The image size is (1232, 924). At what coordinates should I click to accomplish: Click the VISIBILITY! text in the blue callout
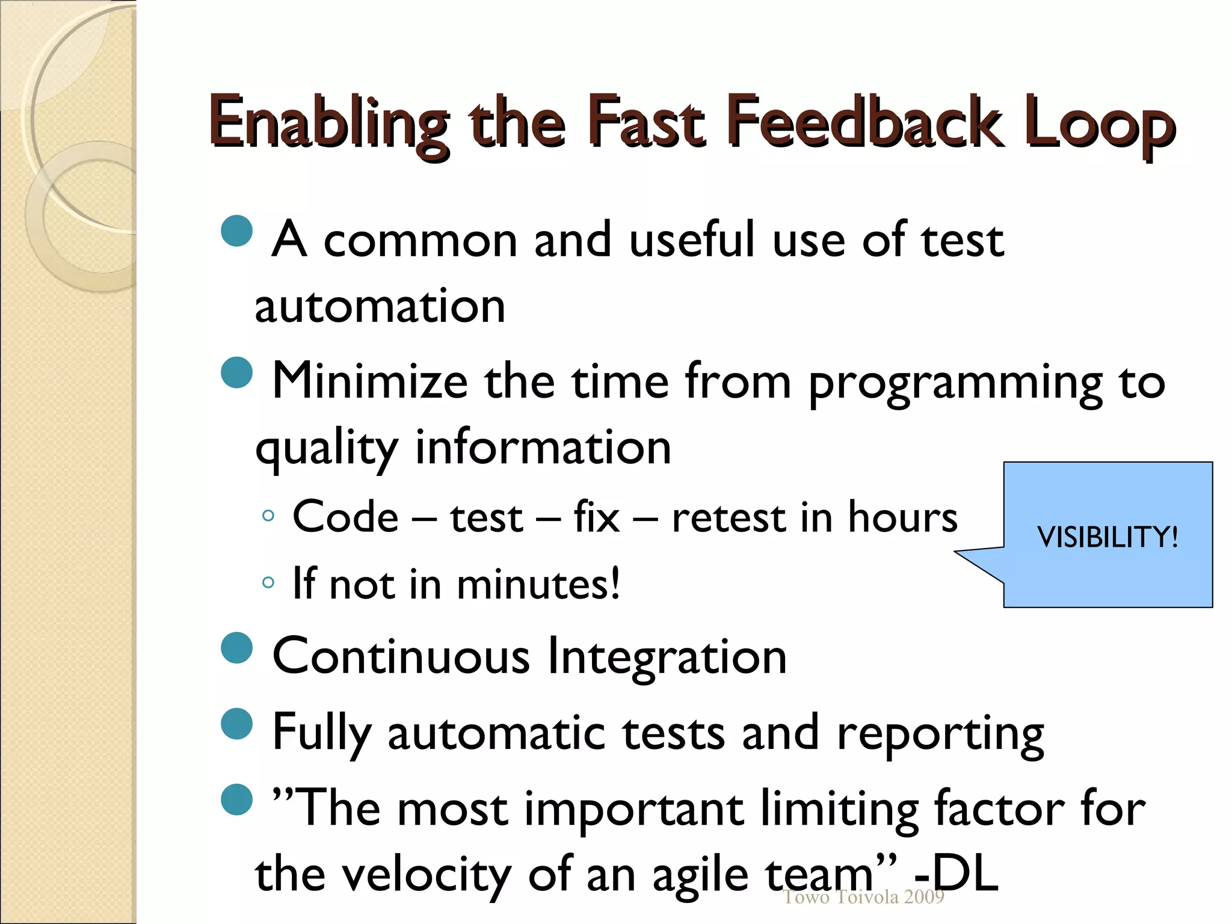point(1107,537)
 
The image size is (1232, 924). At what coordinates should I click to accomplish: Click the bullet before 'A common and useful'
point(236,231)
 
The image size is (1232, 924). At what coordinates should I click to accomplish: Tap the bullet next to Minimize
point(236,372)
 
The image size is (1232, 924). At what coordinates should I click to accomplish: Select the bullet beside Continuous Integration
point(236,648)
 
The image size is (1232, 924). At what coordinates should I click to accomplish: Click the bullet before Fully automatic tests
point(236,724)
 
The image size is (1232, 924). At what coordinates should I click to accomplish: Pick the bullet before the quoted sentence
point(236,799)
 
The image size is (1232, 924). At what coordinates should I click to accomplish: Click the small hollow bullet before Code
point(268,516)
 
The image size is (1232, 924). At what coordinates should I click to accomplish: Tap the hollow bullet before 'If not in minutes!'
point(268,582)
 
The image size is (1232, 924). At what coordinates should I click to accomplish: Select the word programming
point(955,383)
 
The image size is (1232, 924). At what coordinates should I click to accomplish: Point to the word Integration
point(667,656)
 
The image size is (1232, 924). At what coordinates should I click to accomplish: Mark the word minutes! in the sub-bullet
point(538,584)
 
